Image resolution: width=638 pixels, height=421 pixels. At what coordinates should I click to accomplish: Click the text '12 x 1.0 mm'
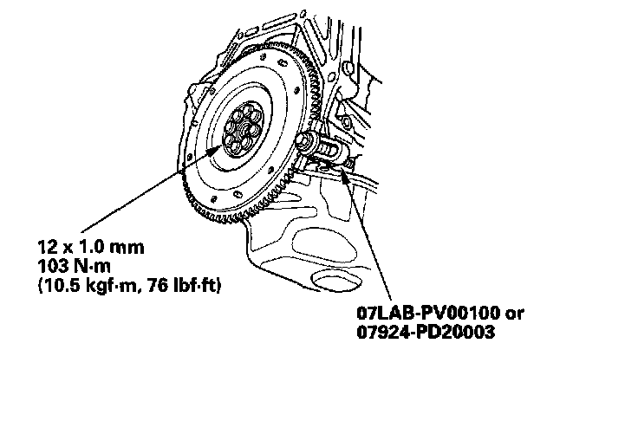(91, 247)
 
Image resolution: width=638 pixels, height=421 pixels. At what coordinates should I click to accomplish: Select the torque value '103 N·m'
(74, 267)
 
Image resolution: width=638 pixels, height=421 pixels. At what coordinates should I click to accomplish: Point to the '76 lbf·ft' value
(182, 286)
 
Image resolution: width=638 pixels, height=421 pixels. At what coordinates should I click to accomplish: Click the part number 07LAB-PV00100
(428, 313)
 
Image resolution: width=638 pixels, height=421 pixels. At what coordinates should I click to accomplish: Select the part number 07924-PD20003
(426, 332)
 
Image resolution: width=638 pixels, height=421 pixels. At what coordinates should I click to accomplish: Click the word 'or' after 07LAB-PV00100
(515, 314)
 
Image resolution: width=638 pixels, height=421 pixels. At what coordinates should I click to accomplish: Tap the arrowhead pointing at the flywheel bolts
(216, 152)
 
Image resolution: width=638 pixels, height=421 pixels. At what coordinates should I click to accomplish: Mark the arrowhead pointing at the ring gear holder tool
(344, 176)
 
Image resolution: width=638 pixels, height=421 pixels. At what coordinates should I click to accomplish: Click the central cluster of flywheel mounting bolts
(243, 129)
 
